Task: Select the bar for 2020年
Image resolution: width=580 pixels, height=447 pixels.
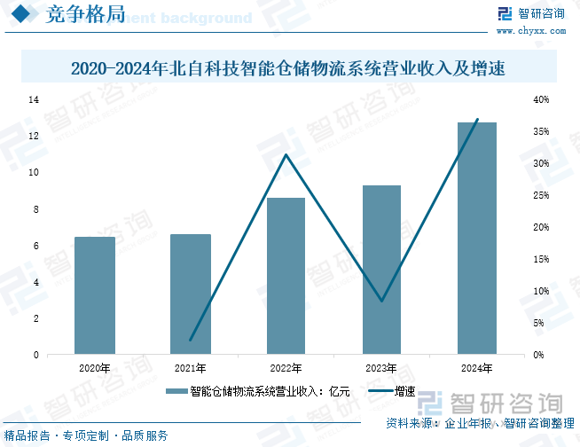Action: pyautogui.click(x=94, y=295)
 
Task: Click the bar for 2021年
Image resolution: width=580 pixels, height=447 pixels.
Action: pyautogui.click(x=191, y=294)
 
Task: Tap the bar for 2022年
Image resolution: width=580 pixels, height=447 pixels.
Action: pyautogui.click(x=286, y=276)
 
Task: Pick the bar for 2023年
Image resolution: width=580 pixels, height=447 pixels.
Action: pyautogui.click(x=381, y=270)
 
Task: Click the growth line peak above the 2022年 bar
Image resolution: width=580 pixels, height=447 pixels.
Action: pyautogui.click(x=286, y=155)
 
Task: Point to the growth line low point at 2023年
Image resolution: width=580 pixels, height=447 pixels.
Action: pyautogui.click(x=381, y=301)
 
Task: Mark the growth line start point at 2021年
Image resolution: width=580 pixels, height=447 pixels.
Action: pyautogui.click(x=191, y=340)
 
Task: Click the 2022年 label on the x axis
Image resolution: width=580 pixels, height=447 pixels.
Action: pyautogui.click(x=286, y=367)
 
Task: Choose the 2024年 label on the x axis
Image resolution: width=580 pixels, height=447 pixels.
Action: pyautogui.click(x=477, y=367)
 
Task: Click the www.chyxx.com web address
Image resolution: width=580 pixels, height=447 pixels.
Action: pyautogui.click(x=541, y=32)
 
